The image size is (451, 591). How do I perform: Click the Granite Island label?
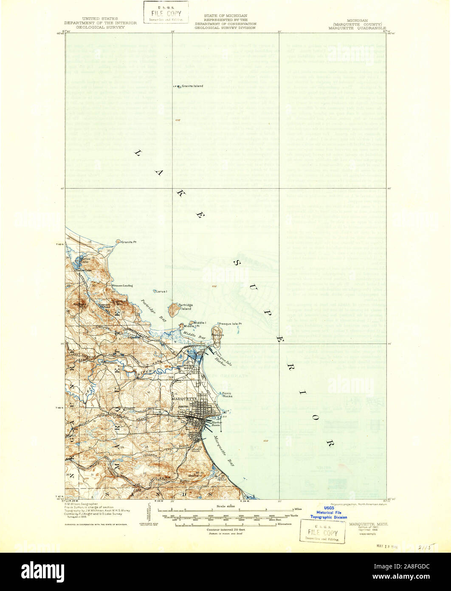click(192, 86)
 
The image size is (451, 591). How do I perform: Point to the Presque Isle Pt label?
click(230, 324)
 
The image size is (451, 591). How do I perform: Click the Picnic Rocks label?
click(227, 395)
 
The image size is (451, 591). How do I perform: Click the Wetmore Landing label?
click(121, 285)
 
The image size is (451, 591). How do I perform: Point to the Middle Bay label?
click(198, 336)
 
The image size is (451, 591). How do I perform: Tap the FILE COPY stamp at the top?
click(166, 13)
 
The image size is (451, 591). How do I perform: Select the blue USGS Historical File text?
click(329, 513)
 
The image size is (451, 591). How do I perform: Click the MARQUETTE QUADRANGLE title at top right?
click(354, 28)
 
